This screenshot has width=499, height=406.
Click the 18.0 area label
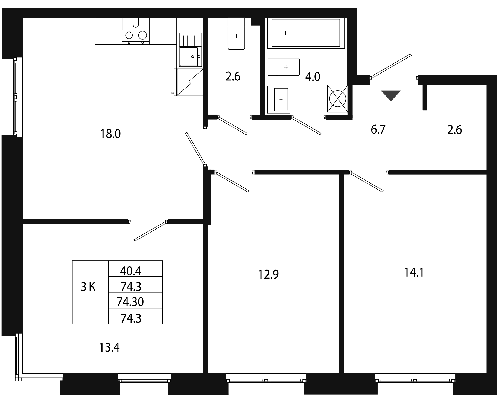(x=111, y=134)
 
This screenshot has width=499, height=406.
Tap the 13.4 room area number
(x=109, y=348)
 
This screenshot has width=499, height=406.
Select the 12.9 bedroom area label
(x=268, y=274)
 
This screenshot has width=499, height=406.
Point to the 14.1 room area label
(x=414, y=273)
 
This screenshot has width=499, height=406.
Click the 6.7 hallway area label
(x=378, y=129)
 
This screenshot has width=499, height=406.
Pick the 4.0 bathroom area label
(x=313, y=77)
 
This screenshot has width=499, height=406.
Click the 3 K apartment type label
(x=88, y=288)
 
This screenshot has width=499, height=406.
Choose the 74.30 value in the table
(x=130, y=302)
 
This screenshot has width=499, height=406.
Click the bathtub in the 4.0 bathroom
(x=305, y=33)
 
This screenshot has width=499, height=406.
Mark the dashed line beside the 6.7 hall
(x=425, y=140)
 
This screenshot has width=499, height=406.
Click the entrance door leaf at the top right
(x=391, y=66)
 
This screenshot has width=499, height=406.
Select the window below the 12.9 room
(x=266, y=380)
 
